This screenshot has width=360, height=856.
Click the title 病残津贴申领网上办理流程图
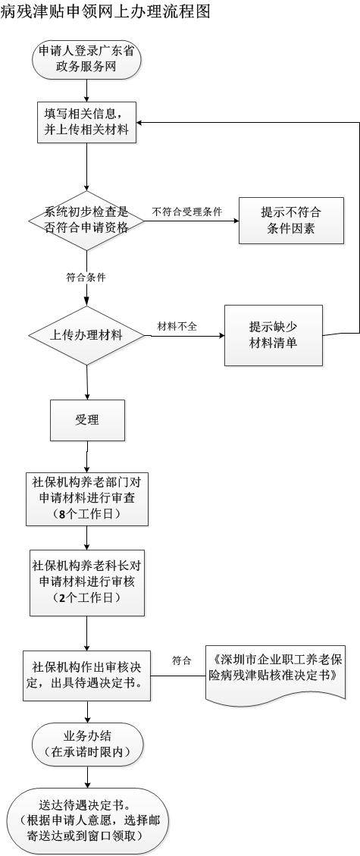click(x=106, y=11)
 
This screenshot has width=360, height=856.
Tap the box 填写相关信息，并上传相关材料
click(x=86, y=123)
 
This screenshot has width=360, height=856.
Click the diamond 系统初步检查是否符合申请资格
click(x=86, y=221)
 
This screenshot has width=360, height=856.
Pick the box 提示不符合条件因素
click(x=291, y=221)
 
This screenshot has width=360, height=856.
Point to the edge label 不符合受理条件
click(x=187, y=212)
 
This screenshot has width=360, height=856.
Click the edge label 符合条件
click(x=86, y=277)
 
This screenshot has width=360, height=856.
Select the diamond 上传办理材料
click(x=86, y=335)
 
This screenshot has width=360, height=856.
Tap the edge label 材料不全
click(x=177, y=327)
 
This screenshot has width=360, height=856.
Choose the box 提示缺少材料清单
click(x=274, y=335)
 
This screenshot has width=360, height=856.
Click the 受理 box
click(x=87, y=420)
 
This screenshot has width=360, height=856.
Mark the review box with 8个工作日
click(x=87, y=498)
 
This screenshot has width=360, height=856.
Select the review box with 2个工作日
click(x=87, y=582)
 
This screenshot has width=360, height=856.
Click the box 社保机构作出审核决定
click(x=87, y=675)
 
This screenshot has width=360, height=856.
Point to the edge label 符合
click(x=182, y=661)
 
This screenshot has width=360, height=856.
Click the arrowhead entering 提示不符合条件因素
click(x=236, y=221)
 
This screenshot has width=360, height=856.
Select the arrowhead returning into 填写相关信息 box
click(x=140, y=122)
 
